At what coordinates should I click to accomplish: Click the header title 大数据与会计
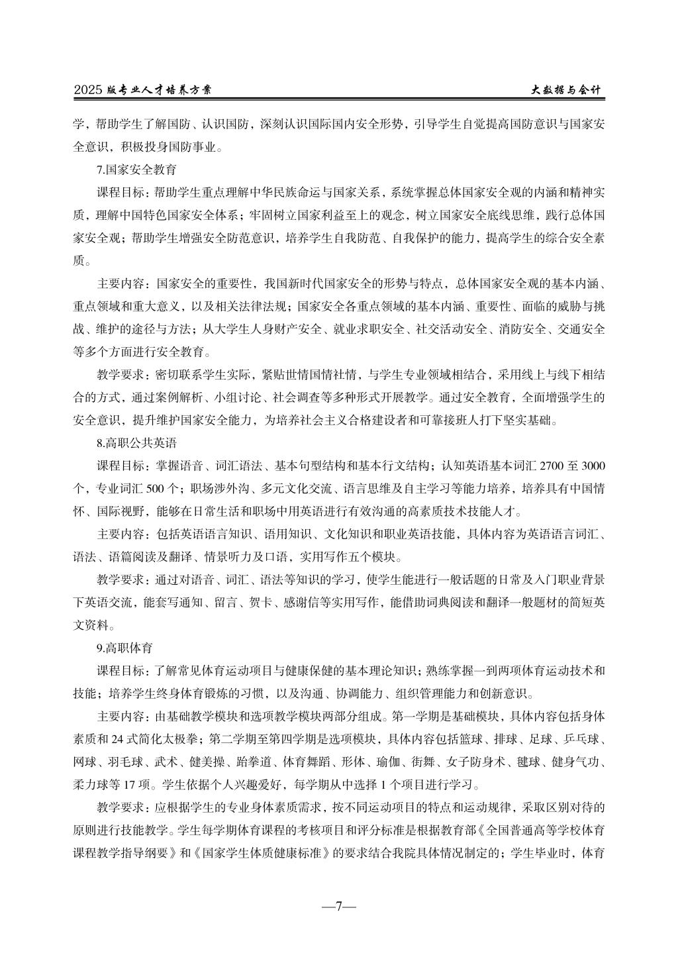pyautogui.click(x=568, y=89)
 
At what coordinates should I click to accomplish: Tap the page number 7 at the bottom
pyautogui.click(x=338, y=906)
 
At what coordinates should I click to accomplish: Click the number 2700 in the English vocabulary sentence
pyautogui.click(x=554, y=466)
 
